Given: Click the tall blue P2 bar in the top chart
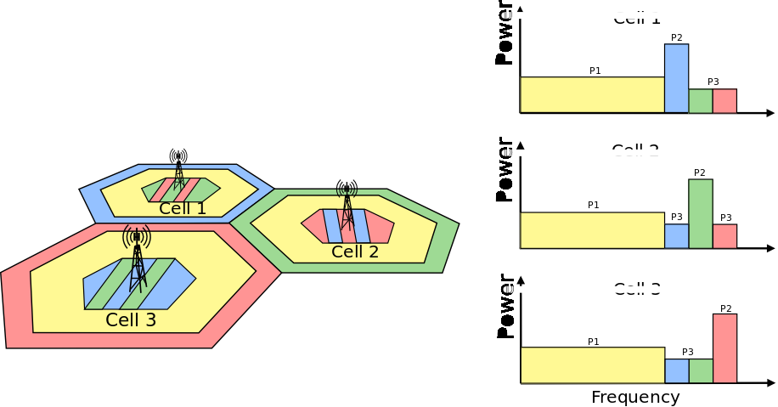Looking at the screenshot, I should click(676, 78).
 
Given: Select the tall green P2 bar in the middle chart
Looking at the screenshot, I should click(700, 213).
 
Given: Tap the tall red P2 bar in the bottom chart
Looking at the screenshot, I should click(724, 348).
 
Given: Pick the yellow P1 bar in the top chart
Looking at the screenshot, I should click(591, 95).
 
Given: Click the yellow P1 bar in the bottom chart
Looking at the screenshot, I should click(591, 365).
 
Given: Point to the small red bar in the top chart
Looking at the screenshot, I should click(724, 101).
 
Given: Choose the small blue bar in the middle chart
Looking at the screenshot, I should click(676, 236).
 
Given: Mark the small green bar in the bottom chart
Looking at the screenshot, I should click(700, 371).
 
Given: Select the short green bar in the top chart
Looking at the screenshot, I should click(700, 101).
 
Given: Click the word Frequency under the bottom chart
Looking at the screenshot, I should click(635, 397).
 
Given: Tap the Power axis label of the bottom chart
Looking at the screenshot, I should click(505, 306).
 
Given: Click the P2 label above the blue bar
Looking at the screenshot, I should click(676, 37).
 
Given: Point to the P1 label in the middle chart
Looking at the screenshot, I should click(594, 205).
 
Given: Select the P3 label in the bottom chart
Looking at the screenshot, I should click(688, 352).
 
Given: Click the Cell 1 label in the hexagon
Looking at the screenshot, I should click(183, 208).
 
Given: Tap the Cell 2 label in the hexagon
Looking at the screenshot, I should click(355, 252).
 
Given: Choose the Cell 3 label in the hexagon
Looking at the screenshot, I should click(131, 320).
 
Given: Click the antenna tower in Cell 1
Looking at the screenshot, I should click(178, 170).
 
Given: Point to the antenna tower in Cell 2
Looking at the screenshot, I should click(347, 205).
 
